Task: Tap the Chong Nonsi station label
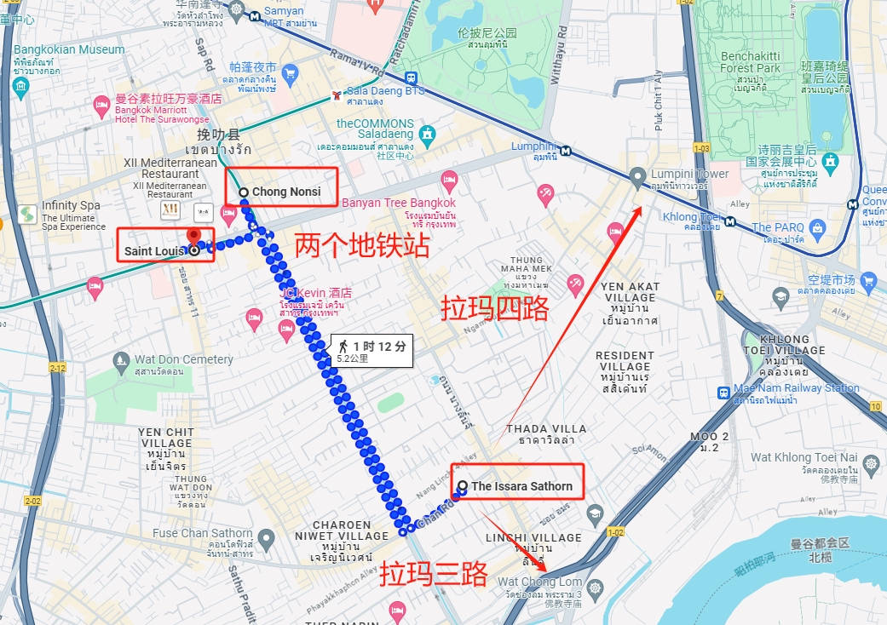pos(286,192)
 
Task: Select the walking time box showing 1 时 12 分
pos(372,351)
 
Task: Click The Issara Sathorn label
pos(521,486)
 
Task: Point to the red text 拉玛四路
pos(495,308)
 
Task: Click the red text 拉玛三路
pos(433,571)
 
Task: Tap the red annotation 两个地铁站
pos(361,246)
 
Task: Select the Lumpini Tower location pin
pos(637,178)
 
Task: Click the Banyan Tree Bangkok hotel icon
pos(449,181)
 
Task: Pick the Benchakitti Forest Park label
pos(751,62)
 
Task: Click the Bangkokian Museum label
pos(69,49)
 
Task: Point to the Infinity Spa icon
pos(26,213)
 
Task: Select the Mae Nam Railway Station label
pos(797,388)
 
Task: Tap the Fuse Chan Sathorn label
pos(203,534)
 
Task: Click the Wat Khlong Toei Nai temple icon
pos(870,464)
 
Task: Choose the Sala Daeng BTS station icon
pos(338,92)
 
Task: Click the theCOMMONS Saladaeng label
pos(375,129)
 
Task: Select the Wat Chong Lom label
pos(539,582)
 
